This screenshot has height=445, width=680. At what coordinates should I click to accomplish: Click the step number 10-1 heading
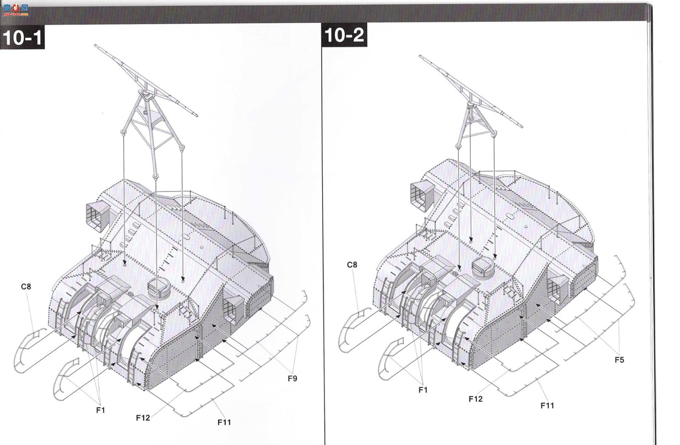pyautogui.click(x=22, y=37)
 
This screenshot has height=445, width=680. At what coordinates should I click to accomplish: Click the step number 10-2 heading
pyautogui.click(x=344, y=35)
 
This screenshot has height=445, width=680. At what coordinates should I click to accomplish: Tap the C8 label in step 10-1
pyautogui.click(x=26, y=287)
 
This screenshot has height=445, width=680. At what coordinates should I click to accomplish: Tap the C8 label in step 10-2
pyautogui.click(x=352, y=265)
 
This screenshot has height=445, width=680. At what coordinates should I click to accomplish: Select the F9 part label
pyautogui.click(x=292, y=379)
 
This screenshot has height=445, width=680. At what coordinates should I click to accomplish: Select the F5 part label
pyautogui.click(x=619, y=360)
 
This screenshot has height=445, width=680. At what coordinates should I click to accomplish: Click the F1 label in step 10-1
pyautogui.click(x=100, y=411)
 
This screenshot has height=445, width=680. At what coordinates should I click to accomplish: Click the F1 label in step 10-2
pyautogui.click(x=423, y=390)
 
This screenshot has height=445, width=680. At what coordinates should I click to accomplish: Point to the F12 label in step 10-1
pyautogui.click(x=143, y=418)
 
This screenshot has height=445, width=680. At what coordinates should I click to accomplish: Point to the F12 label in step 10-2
pyautogui.click(x=476, y=399)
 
